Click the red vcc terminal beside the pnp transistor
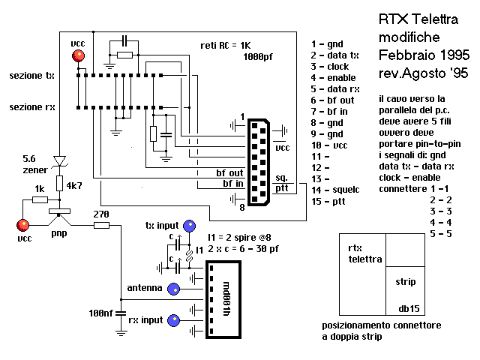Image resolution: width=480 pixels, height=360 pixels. [23, 224]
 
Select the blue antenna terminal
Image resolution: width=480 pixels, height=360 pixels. [174, 287]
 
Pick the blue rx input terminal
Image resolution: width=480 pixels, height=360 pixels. [174, 320]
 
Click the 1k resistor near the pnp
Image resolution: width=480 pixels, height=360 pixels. [41, 199]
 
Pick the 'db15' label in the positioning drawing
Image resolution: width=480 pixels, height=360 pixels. [409, 307]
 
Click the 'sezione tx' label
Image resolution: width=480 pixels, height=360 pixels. [31, 76]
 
